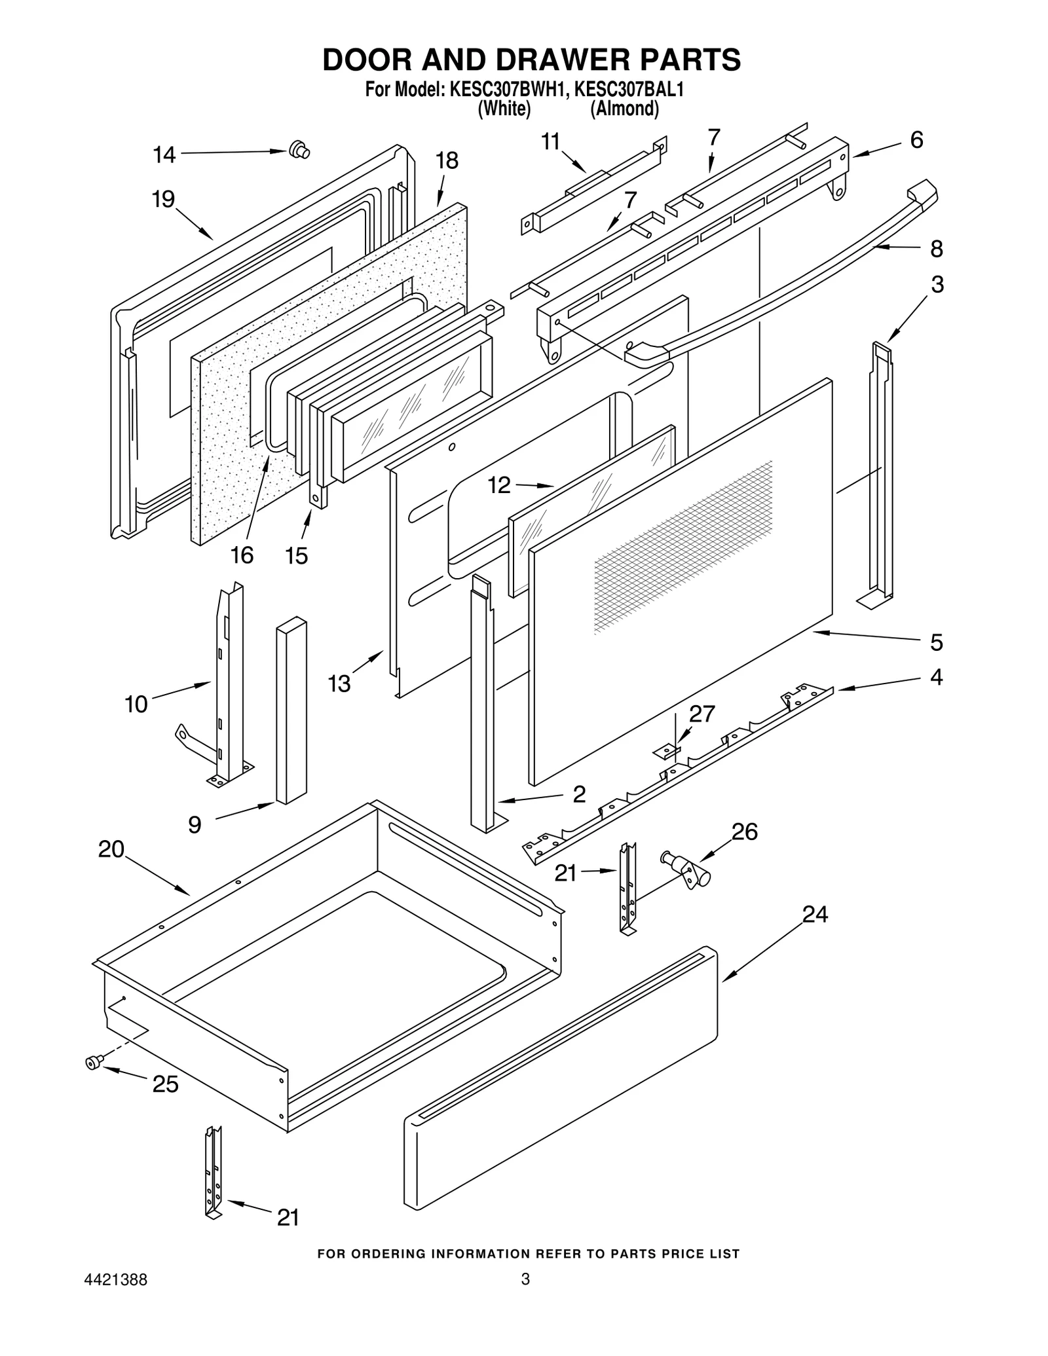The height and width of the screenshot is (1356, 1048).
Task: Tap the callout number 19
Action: [x=163, y=199]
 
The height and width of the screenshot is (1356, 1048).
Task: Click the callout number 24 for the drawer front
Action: [x=815, y=914]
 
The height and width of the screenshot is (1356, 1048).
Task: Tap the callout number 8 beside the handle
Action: [x=936, y=249]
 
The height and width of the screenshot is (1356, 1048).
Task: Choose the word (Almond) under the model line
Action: [x=624, y=109]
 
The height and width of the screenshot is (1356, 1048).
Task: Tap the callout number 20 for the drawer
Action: [x=111, y=849]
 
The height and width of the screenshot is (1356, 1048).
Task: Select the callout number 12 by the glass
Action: [x=498, y=485]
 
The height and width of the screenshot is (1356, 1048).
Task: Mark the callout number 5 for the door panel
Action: [x=936, y=642]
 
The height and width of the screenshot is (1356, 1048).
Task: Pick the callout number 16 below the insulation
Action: [x=242, y=555]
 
